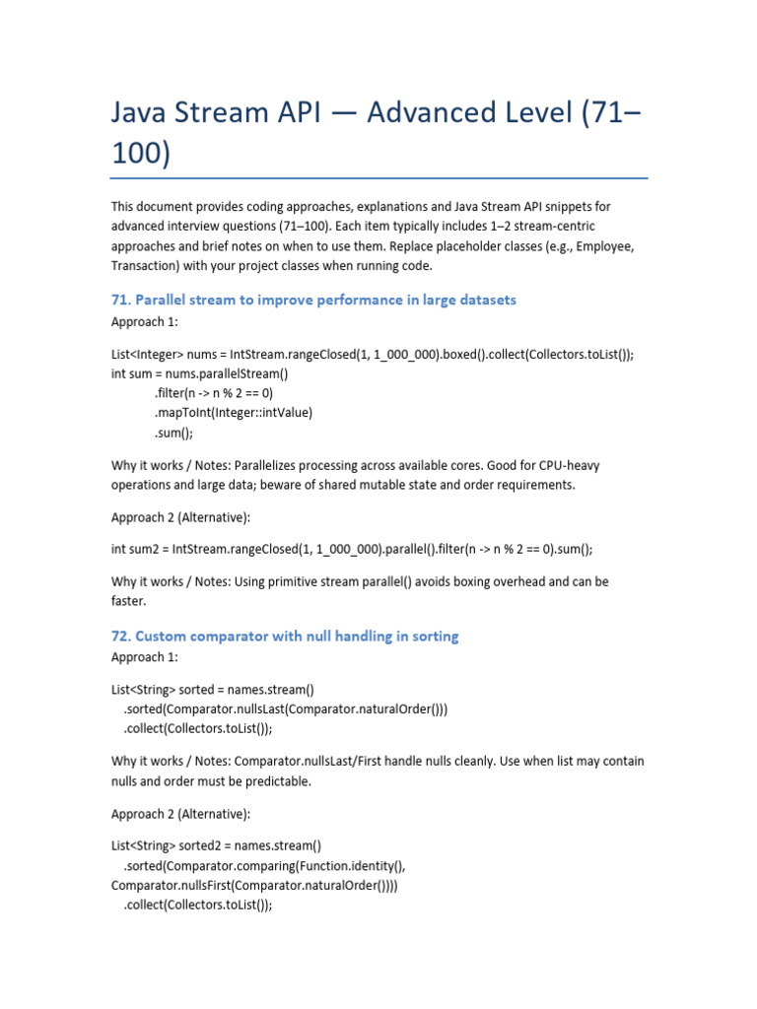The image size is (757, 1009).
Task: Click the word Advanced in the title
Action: click(x=435, y=114)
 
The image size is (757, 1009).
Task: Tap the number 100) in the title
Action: click(x=140, y=155)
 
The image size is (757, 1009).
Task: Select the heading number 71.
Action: click(x=120, y=300)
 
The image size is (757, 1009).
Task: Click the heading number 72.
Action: click(x=120, y=637)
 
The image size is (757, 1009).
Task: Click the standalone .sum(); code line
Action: click(x=173, y=432)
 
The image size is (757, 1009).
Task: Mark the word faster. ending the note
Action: click(x=128, y=601)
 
